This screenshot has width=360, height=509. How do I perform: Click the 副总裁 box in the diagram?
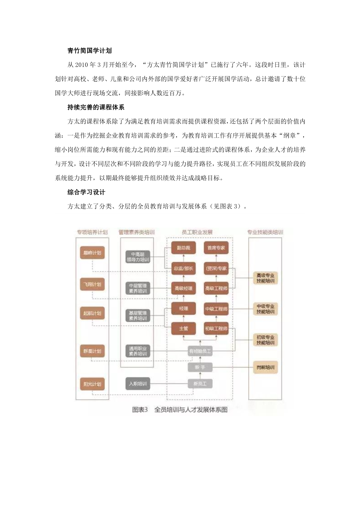[x=183, y=248]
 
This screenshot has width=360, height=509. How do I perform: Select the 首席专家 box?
[x=216, y=248]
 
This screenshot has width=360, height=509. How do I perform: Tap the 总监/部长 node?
[x=183, y=268]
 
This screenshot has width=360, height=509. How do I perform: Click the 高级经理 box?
[x=183, y=289]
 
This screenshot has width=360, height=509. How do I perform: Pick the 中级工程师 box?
[x=216, y=309]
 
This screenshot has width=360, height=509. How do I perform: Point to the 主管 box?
[x=183, y=329]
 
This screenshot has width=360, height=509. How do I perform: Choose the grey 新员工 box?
[x=200, y=384]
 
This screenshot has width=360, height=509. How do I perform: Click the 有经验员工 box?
[x=200, y=351]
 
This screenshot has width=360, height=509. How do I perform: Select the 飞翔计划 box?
[x=92, y=284]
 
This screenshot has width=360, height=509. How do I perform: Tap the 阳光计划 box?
[x=92, y=384]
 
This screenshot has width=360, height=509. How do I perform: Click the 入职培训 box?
[x=138, y=384]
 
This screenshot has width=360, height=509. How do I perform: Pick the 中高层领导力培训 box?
[x=138, y=257]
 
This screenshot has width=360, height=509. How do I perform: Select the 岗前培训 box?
[x=265, y=368]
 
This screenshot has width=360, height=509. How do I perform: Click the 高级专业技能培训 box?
[x=265, y=278]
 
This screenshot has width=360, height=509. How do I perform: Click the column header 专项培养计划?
[x=92, y=232]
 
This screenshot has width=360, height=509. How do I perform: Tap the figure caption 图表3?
[x=140, y=410]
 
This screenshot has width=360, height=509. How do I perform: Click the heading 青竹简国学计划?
[x=89, y=51]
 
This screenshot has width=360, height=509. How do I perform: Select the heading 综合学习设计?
[x=86, y=192]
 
